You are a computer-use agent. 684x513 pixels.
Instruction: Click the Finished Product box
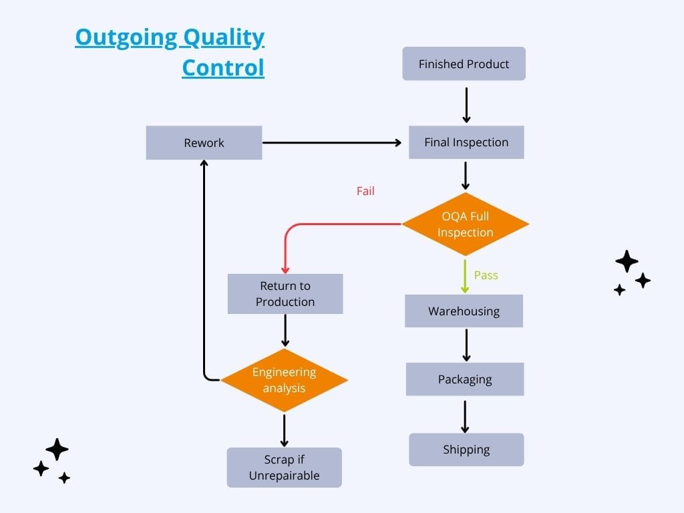point(464,63)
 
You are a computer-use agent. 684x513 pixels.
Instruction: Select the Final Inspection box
point(466,142)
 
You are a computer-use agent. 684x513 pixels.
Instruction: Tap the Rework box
point(204,143)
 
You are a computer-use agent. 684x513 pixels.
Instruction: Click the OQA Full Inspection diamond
point(465,224)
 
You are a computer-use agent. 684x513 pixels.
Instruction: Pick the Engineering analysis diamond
point(284,380)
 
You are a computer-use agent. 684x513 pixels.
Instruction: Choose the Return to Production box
point(285,294)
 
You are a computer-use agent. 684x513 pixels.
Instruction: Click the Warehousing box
point(464,311)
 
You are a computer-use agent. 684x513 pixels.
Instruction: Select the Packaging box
point(465,379)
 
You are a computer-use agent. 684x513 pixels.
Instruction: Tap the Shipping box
point(466,450)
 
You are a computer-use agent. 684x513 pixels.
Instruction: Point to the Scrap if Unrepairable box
point(284,467)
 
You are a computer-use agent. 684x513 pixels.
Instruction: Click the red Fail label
point(365,191)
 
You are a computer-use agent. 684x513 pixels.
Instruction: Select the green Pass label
point(486,275)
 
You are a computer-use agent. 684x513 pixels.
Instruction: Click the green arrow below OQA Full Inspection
point(465,277)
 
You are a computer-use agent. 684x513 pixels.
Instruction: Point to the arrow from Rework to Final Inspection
point(332,143)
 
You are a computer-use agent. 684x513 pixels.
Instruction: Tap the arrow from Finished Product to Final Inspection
point(466,105)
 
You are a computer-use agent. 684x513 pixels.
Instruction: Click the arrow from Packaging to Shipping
point(465,417)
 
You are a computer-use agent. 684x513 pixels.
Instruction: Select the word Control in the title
point(223,67)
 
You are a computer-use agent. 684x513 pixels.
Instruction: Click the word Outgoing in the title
point(126,37)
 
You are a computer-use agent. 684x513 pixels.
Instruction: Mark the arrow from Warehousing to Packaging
point(466,345)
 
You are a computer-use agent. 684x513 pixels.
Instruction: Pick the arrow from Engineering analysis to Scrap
point(284,431)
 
